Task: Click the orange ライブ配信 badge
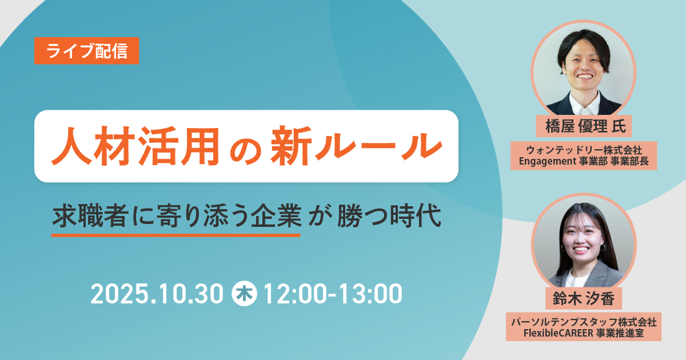(x=87, y=51)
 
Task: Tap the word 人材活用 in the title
(x=135, y=146)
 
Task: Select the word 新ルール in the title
(x=356, y=146)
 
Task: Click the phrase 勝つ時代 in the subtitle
(x=389, y=216)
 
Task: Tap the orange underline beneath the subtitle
(x=176, y=235)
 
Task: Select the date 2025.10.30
(x=157, y=294)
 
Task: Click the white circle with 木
(x=244, y=293)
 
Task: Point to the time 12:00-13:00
(x=333, y=294)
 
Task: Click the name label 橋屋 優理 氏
(x=584, y=126)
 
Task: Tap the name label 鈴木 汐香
(x=584, y=298)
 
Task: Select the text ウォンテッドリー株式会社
(x=584, y=150)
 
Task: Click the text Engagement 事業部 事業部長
(x=584, y=161)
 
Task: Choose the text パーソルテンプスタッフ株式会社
(x=584, y=322)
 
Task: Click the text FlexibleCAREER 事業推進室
(x=584, y=333)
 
